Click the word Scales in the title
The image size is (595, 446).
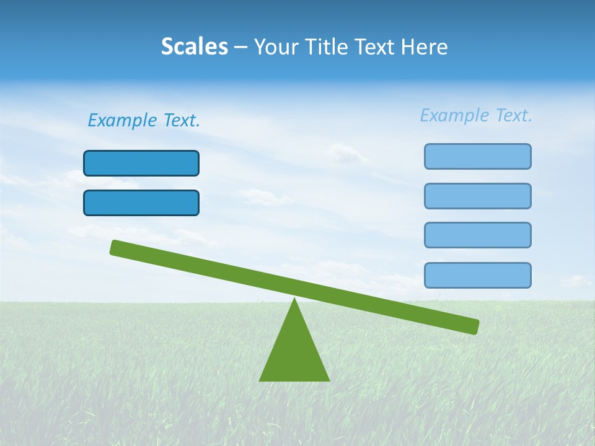tap(194, 46)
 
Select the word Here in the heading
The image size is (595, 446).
tap(424, 46)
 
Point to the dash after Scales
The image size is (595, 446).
tap(240, 47)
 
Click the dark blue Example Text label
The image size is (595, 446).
tap(144, 120)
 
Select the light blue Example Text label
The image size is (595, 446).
tap(476, 115)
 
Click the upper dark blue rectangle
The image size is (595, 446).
tap(141, 163)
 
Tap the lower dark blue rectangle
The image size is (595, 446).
tap(141, 203)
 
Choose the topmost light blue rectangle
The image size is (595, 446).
tap(477, 156)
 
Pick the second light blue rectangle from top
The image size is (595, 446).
tap(477, 196)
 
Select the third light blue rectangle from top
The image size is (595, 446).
tap(477, 235)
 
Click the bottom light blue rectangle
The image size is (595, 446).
tap(477, 275)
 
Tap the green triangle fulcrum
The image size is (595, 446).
tap(294, 353)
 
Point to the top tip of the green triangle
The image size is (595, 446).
tap(294, 300)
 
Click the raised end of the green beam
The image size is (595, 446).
tap(115, 248)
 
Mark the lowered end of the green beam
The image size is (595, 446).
tap(474, 326)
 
